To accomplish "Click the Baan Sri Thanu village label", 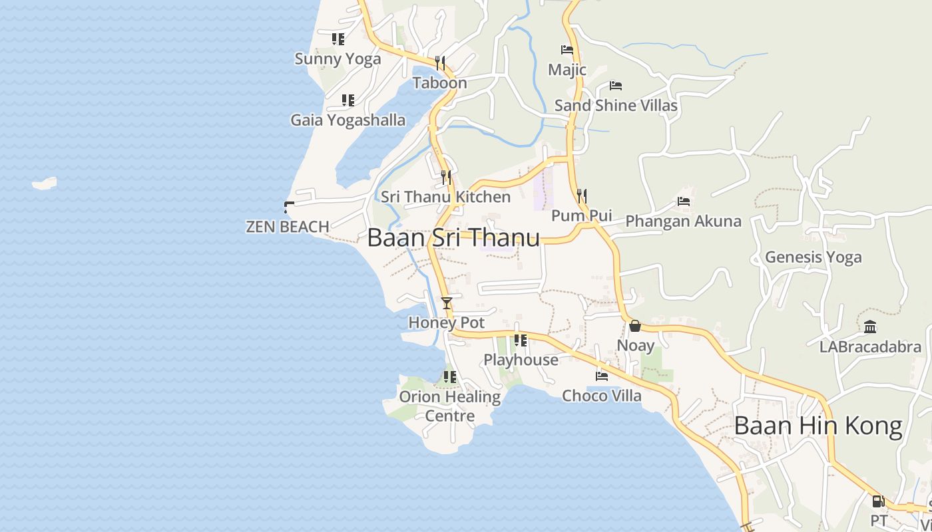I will [453, 238].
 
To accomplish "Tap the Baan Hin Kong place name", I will [818, 426].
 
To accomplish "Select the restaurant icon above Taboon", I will [439, 63].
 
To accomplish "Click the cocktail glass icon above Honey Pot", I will [446, 303].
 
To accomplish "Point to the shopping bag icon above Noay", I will [635, 326].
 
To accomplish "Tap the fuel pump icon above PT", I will [878, 501].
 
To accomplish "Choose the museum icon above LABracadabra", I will [870, 327].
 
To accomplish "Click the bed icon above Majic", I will [567, 50].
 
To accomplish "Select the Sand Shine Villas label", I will [616, 105].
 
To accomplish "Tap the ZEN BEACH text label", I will [288, 227].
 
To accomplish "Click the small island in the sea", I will [45, 183].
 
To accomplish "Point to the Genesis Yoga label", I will [813, 257].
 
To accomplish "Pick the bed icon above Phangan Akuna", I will [684, 201].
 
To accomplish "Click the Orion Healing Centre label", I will [449, 406].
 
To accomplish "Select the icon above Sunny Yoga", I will [338, 39].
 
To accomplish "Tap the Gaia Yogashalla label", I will [348, 120].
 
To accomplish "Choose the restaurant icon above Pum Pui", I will [582, 196].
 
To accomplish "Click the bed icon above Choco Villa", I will [602, 376].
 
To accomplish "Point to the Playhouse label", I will [521, 360].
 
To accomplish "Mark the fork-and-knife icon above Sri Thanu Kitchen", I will [446, 178].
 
